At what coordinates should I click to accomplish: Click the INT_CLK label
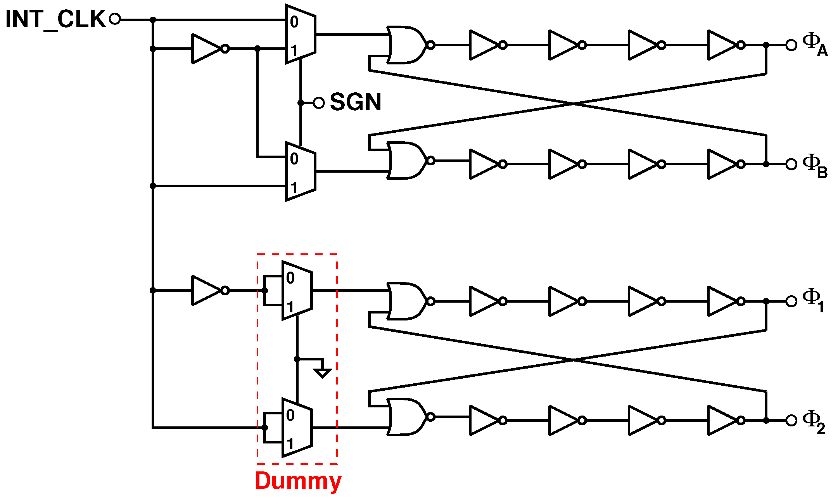point(55,19)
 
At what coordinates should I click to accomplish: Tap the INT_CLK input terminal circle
point(115,19)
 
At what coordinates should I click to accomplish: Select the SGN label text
point(355,102)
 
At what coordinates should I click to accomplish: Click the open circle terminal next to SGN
point(318,103)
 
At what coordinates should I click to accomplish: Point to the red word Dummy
point(298,481)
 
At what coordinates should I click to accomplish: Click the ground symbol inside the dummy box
point(322,373)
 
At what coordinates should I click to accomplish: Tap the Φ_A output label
point(814,45)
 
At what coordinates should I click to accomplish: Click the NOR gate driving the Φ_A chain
point(407,45)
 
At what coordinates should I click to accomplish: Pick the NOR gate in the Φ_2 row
point(407,417)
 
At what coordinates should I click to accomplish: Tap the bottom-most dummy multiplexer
point(297,428)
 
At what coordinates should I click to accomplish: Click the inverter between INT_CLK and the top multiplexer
point(207,48)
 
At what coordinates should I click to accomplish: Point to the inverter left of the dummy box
point(207,290)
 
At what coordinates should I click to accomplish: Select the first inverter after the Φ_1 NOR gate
point(485,301)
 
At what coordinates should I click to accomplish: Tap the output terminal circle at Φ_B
point(791,164)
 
